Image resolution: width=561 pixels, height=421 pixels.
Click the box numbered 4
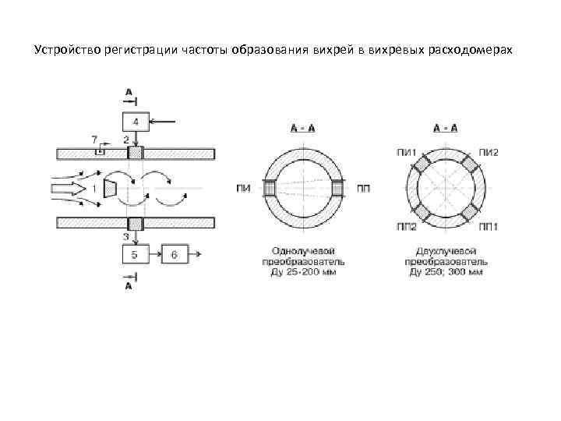[x=136, y=122]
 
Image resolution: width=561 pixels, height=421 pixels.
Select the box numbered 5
[x=136, y=254]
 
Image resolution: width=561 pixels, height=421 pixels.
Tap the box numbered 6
[x=175, y=254]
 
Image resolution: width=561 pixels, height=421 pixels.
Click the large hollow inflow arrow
[x=69, y=188]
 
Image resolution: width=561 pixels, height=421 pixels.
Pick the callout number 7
[x=94, y=139]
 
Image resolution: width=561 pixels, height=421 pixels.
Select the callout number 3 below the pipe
[x=126, y=235]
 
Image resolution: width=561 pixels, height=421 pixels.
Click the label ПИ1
[x=405, y=151]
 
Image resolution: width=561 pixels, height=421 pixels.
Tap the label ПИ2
[x=489, y=151]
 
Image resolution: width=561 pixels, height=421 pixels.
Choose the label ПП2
[x=405, y=227]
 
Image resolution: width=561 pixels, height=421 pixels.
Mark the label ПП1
[x=489, y=227]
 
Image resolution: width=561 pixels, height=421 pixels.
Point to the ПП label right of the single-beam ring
[x=363, y=189]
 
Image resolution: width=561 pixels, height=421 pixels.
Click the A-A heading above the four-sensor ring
[x=445, y=128]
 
